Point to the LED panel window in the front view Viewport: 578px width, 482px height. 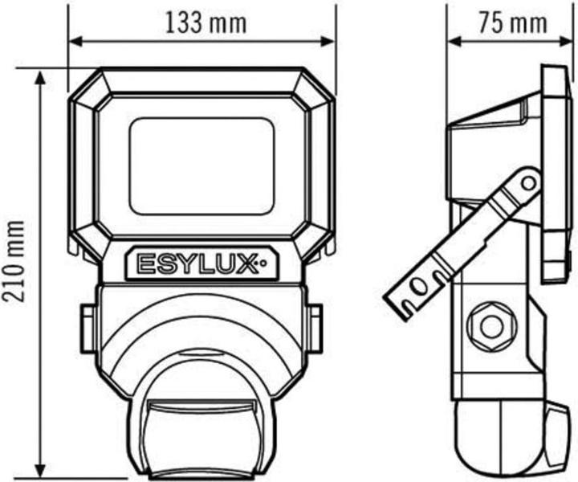coord(201,165)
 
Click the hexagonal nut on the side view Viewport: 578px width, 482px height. coord(488,326)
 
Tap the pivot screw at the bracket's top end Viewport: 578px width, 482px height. coord(527,182)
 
